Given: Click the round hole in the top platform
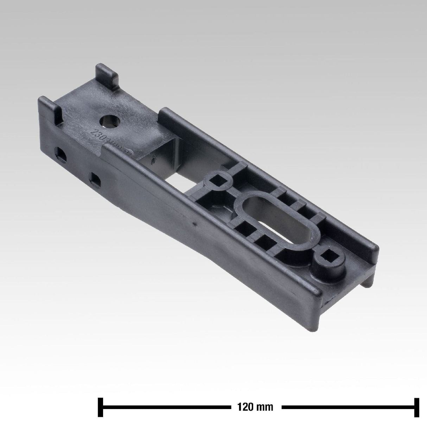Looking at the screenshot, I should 111,122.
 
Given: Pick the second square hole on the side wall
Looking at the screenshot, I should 95,179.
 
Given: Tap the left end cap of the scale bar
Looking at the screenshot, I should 100,407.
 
